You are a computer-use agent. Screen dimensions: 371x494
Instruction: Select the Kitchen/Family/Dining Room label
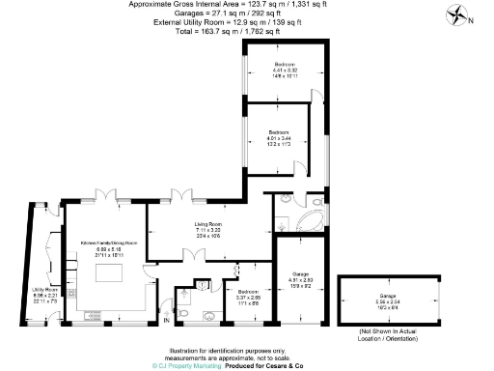click(108, 243)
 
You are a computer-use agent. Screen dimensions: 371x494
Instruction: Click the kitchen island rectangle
click(107, 272)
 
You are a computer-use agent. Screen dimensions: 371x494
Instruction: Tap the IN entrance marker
click(165, 320)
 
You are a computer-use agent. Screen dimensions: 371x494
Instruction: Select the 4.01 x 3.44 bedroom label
click(280, 136)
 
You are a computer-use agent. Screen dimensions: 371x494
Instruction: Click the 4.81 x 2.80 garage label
click(301, 280)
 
